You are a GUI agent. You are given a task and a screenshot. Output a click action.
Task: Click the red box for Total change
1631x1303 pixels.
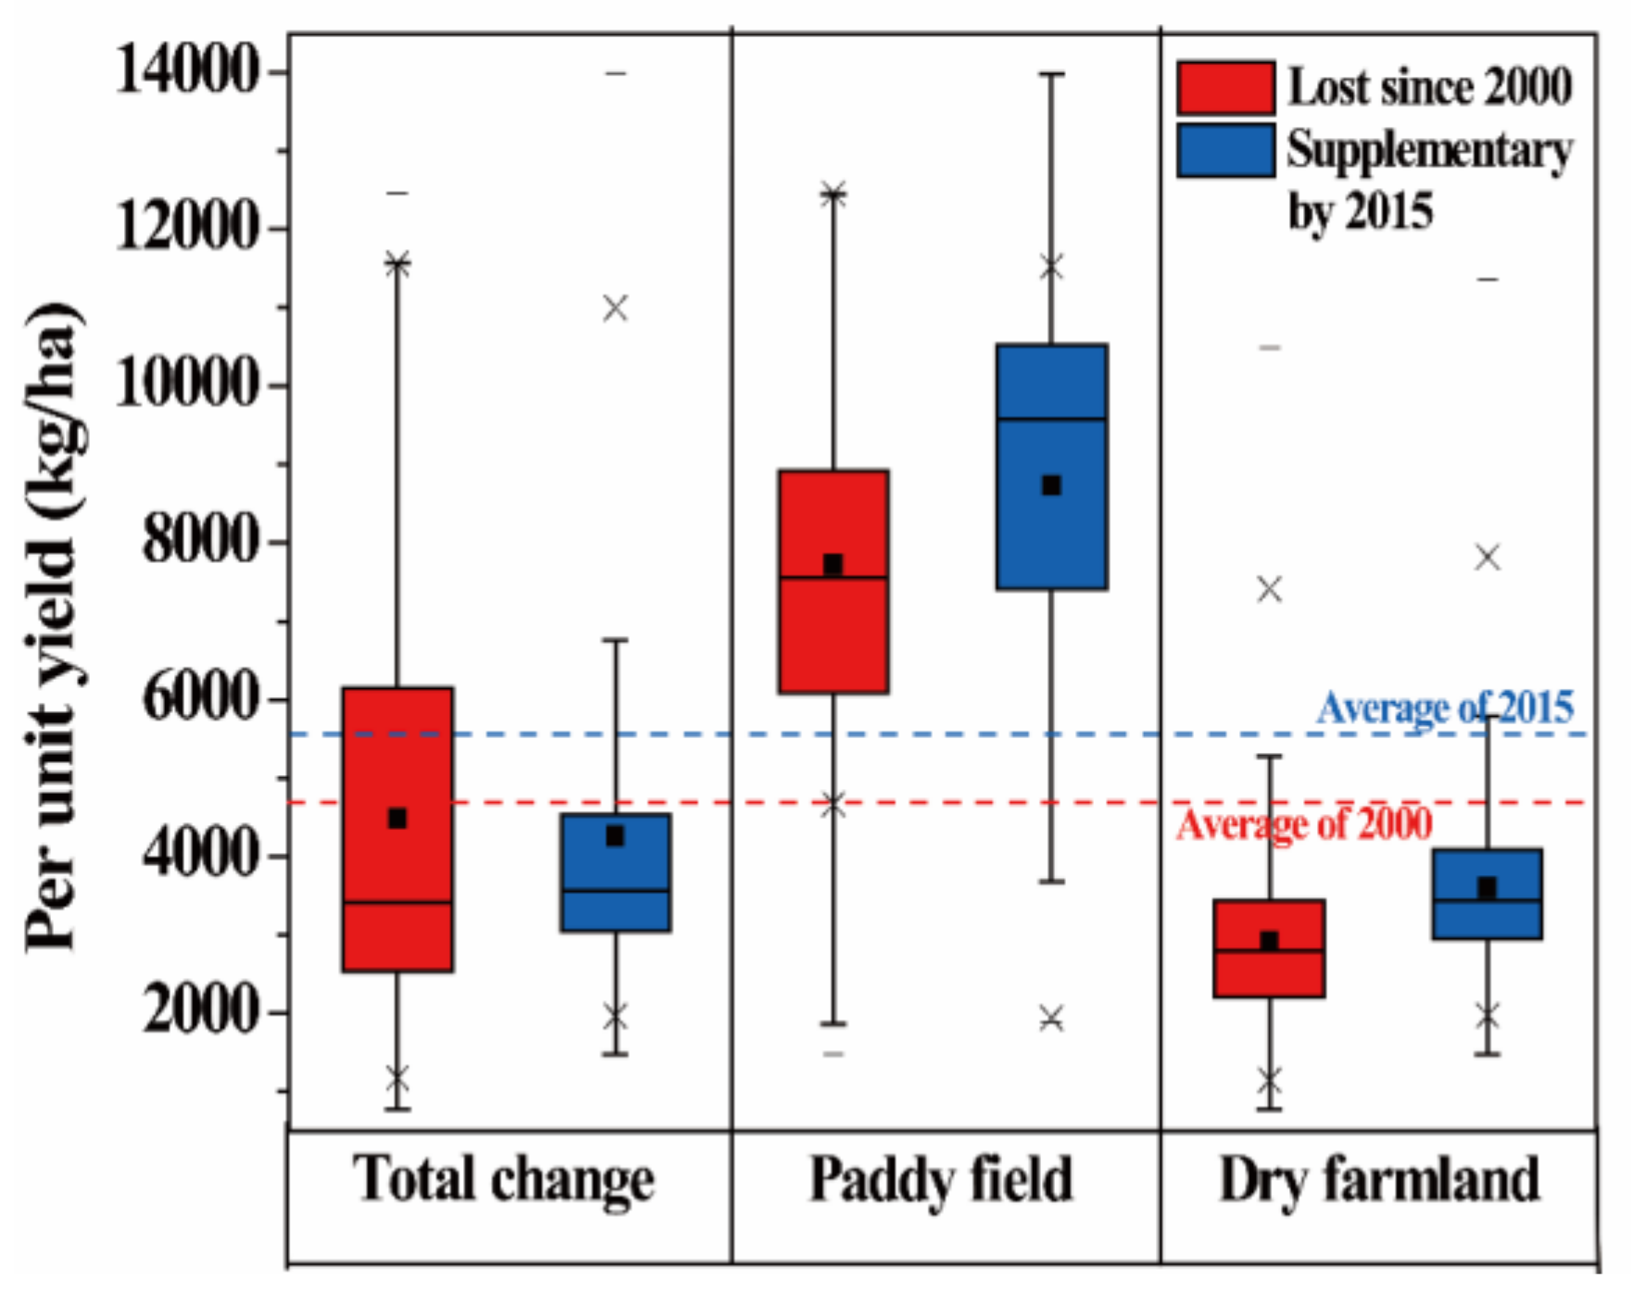[x=397, y=829]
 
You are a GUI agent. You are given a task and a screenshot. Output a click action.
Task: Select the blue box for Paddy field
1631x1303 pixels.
[x=1051, y=466]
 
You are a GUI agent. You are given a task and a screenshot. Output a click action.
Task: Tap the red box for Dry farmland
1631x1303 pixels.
[x=1269, y=947]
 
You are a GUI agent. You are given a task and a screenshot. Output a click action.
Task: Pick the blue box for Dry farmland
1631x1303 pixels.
[x=1487, y=893]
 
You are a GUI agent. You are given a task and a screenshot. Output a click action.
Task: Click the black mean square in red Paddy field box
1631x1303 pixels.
[x=833, y=564]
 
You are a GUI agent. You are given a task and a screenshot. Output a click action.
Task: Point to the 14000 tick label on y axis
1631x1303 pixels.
[x=185, y=70]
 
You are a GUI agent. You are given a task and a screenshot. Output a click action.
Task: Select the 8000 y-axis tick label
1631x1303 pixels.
[x=199, y=541]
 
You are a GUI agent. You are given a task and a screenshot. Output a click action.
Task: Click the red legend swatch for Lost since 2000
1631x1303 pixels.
[x=1224, y=88]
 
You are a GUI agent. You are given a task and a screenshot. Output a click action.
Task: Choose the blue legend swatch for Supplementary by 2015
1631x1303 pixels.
[x=1224, y=150]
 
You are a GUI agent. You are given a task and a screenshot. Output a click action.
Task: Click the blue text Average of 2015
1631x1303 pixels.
[x=1444, y=708]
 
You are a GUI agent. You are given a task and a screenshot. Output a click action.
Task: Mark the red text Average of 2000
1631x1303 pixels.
[x=1304, y=823]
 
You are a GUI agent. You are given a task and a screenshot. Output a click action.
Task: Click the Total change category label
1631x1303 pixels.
[x=503, y=1180]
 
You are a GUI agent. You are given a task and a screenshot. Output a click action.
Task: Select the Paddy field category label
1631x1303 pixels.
[x=941, y=1180]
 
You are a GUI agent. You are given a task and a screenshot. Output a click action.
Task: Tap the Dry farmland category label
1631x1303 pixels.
[x=1379, y=1180]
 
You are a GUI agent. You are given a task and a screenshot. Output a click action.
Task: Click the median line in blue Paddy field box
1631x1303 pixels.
[x=1051, y=420]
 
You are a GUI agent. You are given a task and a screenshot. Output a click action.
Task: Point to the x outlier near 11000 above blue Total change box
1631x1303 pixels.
[x=615, y=307]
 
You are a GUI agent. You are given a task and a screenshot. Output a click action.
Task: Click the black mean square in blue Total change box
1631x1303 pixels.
[x=614, y=836]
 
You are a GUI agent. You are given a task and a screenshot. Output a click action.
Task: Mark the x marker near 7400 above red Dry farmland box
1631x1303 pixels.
[x=1269, y=589]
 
